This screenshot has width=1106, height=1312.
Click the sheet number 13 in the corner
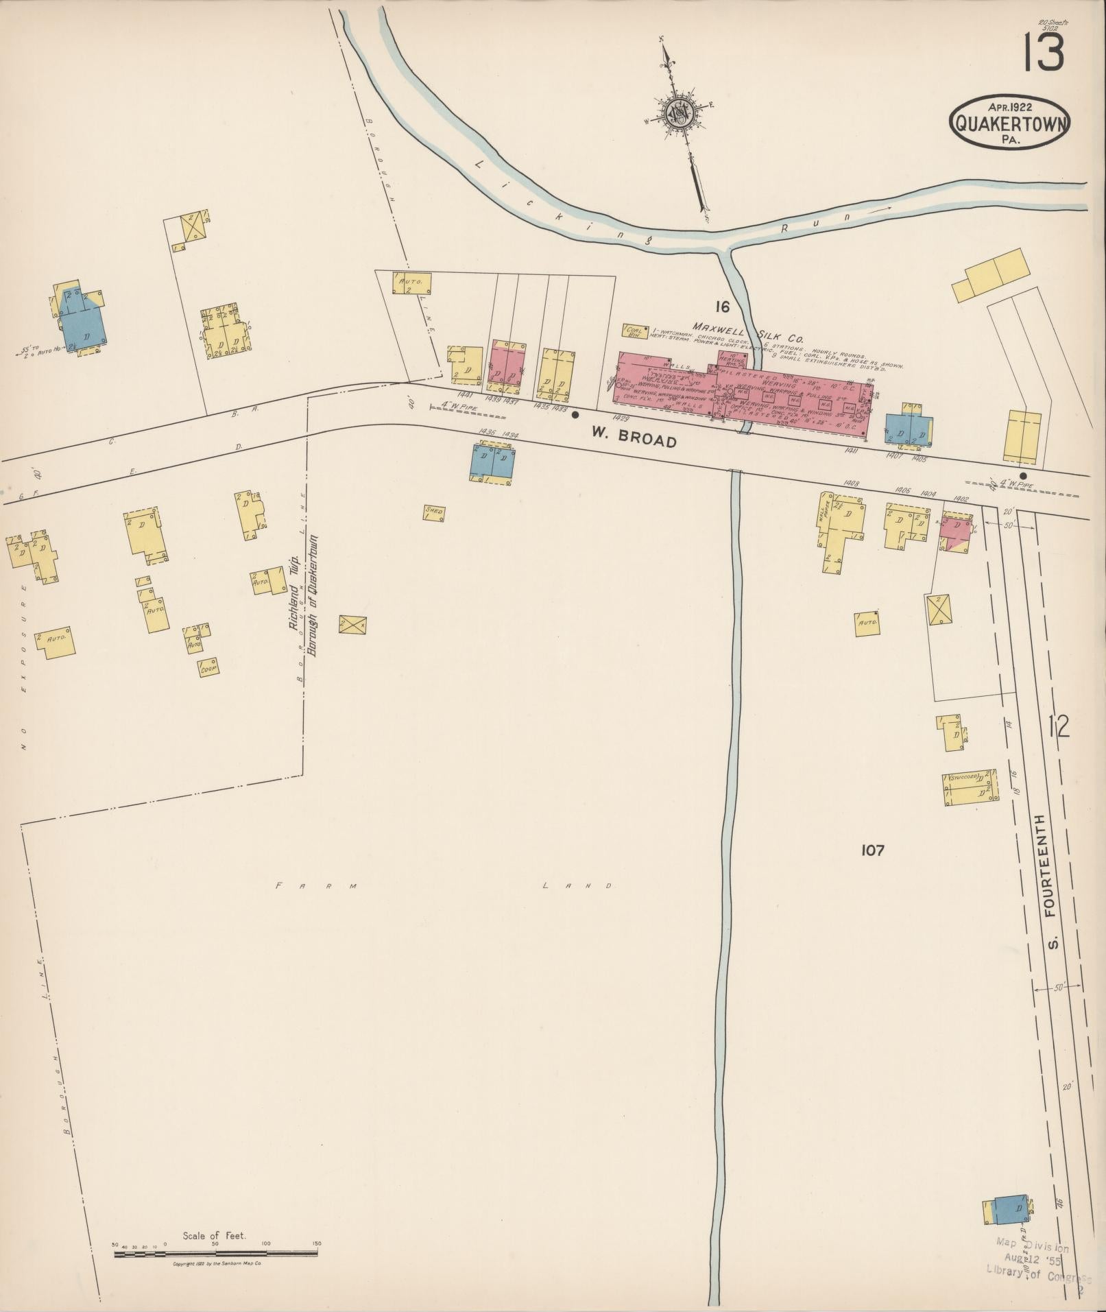(1044, 53)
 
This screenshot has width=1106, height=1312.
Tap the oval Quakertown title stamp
(1010, 121)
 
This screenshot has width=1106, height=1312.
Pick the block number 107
(873, 850)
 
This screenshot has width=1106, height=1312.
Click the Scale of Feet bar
(215, 1252)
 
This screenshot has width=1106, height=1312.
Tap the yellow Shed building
(434, 512)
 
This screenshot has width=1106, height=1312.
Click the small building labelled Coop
(208, 667)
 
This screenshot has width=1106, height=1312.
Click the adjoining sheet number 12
(1059, 725)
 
